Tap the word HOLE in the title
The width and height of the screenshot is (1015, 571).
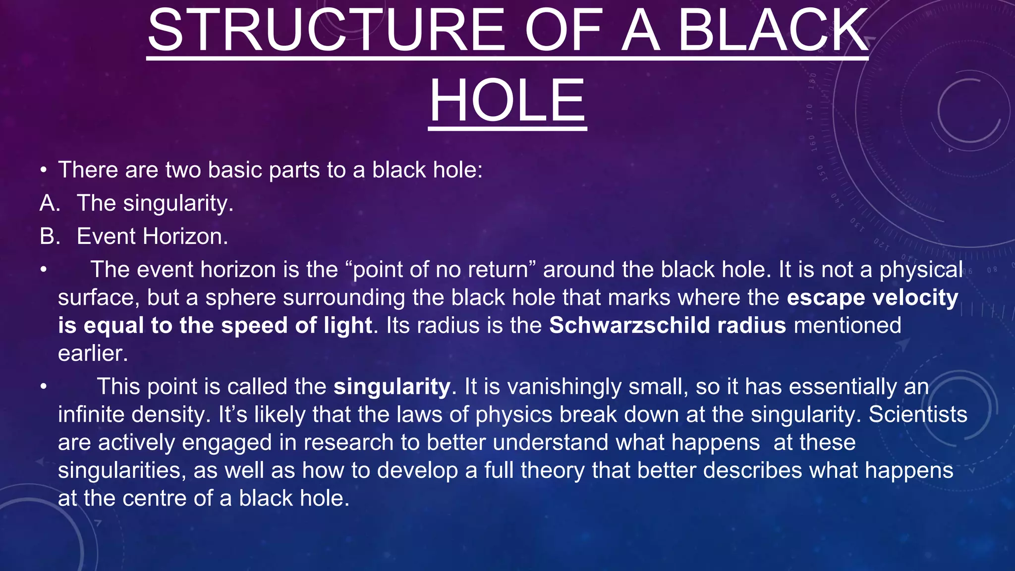click(507, 101)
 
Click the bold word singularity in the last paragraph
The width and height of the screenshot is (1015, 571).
click(392, 387)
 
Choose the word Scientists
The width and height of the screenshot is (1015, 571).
click(918, 414)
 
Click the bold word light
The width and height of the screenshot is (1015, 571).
click(347, 326)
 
